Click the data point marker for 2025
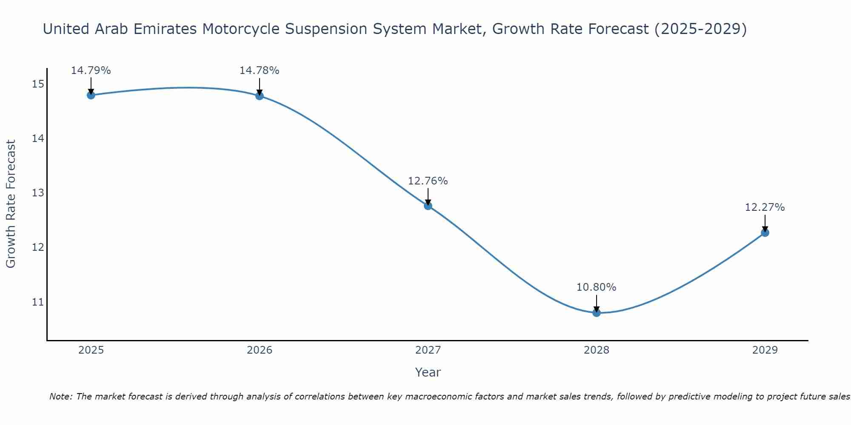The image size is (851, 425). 91,95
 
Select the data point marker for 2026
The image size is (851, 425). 259,96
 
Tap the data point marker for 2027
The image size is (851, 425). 428,206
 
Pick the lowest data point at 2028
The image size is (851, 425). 596,313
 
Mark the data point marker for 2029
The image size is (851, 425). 765,232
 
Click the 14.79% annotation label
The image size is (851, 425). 91,71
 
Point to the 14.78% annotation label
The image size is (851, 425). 259,71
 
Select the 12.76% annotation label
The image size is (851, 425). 428,181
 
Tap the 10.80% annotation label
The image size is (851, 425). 596,287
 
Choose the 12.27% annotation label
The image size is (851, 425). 765,207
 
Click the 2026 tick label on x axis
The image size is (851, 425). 260,350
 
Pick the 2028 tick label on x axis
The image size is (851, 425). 596,350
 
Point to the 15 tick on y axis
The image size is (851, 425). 38,84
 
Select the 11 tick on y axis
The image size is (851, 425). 38,302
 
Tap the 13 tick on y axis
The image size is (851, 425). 38,193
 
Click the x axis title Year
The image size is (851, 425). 428,372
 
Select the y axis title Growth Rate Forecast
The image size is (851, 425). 11,204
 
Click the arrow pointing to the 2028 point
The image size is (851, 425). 596,303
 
